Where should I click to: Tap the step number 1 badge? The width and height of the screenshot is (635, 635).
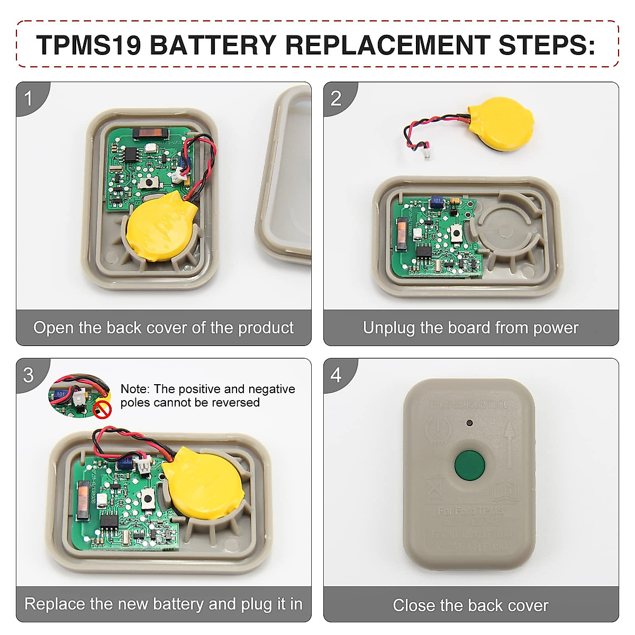pos(29,98)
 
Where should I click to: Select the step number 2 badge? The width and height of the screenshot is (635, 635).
pos(336,98)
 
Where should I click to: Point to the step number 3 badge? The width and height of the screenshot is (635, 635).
pos(29,375)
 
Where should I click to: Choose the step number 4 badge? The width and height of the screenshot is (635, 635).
pos(336,375)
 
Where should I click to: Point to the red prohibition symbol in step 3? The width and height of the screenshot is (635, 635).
pos(103,409)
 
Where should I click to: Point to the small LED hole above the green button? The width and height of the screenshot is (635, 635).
pos(469,423)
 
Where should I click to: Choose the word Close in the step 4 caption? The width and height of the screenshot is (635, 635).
pos(414,605)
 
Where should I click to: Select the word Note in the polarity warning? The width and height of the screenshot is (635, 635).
pos(134,389)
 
